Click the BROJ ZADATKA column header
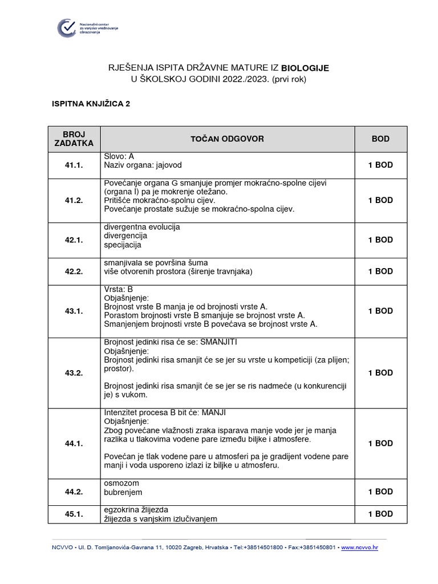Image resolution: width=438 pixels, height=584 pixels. coord(74,139)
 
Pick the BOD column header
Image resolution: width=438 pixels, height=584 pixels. coord(380,139)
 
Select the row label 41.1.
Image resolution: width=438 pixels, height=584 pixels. coord(74,165)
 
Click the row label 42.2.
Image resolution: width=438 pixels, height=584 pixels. coord(74,271)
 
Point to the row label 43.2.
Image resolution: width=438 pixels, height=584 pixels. coord(74,373)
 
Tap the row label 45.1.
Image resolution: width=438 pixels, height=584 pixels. coord(74,514)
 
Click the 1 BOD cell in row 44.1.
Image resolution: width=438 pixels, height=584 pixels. coord(380,443)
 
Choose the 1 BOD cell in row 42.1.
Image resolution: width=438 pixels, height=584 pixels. coord(380,240)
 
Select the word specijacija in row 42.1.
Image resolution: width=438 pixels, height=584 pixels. coord(122,245)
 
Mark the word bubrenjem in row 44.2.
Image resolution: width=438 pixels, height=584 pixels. coord(123,492)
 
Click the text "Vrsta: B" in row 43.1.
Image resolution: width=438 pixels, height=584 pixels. coord(118,289)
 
